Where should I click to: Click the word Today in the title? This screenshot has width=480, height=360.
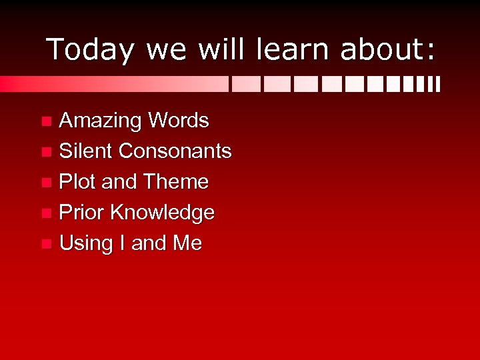[90, 49]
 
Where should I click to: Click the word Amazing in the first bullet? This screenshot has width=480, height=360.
[101, 121]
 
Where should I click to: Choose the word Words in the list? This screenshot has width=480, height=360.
[179, 121]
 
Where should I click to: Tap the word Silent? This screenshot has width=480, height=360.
[86, 151]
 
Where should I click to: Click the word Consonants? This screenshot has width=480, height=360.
[175, 151]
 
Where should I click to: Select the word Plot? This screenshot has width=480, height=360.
[78, 181]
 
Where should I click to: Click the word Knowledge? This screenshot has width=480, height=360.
[163, 213]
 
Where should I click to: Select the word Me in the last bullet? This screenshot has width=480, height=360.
[187, 243]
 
